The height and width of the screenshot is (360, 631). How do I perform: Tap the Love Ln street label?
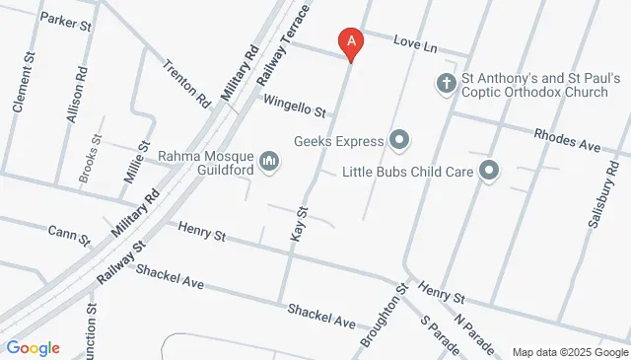point(415,43)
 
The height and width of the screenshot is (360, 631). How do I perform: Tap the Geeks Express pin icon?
point(399,140)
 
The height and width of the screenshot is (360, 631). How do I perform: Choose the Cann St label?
point(69,235)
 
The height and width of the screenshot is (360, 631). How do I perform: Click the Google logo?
point(33,348)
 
